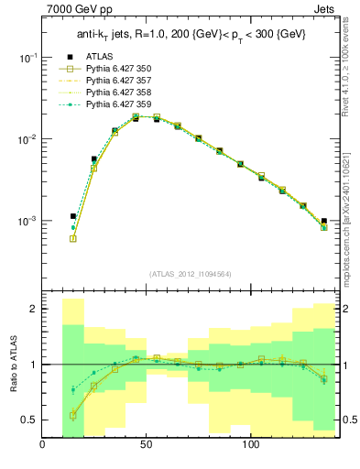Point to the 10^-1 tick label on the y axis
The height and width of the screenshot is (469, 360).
(27, 57)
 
